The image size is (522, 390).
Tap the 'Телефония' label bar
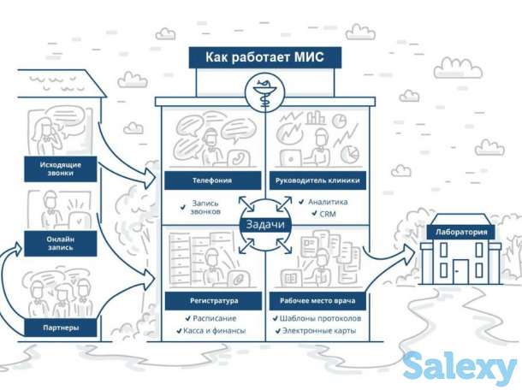pyautogui.click(x=211, y=181)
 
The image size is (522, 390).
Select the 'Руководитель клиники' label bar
pyautogui.click(x=317, y=181)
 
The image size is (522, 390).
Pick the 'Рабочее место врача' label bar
pyautogui.click(x=317, y=301)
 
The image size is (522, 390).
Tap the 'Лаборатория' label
pyautogui.click(x=460, y=232)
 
